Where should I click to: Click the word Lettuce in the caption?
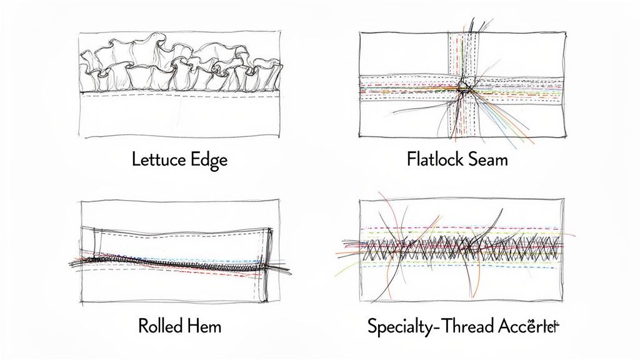click(x=157, y=159)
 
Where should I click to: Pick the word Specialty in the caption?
click(x=399, y=326)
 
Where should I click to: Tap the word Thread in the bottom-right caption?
click(x=464, y=326)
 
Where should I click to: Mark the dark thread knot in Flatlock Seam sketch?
click(x=463, y=86)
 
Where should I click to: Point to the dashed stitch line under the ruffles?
click(x=181, y=96)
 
